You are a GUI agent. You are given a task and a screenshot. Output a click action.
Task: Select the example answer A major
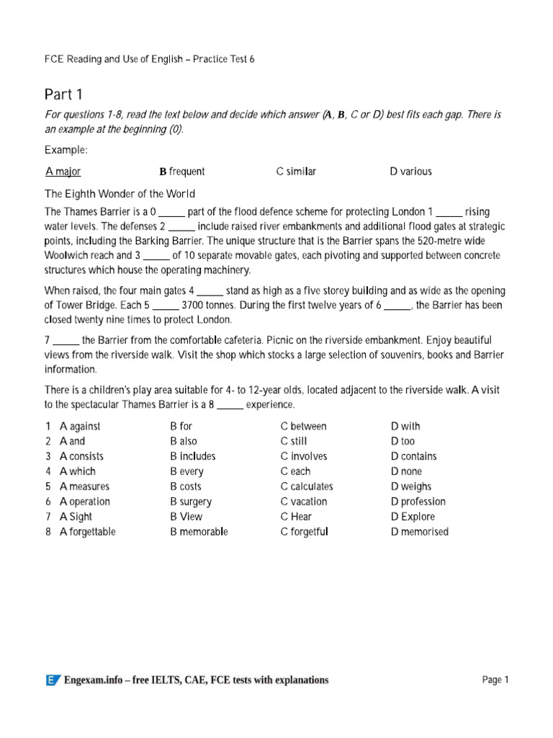click(63, 172)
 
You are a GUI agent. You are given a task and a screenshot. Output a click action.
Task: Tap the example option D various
click(410, 172)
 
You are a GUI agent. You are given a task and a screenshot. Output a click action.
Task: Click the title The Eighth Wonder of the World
click(120, 194)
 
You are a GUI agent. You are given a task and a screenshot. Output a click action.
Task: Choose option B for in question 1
click(181, 426)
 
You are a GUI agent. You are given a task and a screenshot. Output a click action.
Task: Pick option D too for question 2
click(403, 441)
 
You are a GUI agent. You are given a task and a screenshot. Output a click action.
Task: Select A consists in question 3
click(81, 456)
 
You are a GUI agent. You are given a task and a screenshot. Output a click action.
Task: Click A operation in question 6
click(85, 502)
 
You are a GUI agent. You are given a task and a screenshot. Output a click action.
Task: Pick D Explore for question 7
click(413, 517)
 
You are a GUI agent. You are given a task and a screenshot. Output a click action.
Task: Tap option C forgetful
click(304, 532)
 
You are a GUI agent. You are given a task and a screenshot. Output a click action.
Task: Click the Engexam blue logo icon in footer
click(53, 680)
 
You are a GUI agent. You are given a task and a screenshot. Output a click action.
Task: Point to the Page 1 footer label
click(495, 680)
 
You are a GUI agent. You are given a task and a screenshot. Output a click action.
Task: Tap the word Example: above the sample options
click(66, 149)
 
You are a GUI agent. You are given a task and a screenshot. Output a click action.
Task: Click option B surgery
click(191, 502)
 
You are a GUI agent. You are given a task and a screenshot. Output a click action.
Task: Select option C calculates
click(307, 486)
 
